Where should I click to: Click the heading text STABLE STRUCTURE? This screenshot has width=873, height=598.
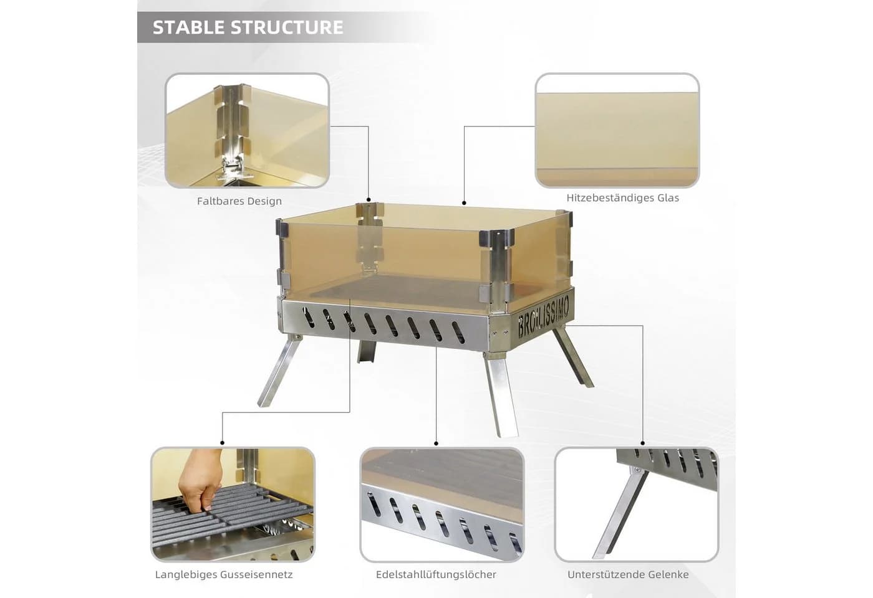[x=248, y=27]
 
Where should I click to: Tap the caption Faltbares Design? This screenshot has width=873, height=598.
[x=239, y=201]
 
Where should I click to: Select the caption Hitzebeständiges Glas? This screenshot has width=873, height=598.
[x=622, y=198]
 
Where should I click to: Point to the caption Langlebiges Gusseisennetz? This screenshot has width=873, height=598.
[x=224, y=574]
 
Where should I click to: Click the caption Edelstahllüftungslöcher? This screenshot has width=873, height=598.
[x=436, y=574]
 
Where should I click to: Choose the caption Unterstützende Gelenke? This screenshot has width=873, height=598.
[x=628, y=574]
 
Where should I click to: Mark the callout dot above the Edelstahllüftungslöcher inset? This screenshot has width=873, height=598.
[x=436, y=444]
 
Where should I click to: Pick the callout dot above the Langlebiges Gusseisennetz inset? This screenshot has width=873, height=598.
[x=222, y=443]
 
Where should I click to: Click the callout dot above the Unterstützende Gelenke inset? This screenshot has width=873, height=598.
[x=643, y=443]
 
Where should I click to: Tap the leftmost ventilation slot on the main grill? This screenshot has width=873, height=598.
[x=308, y=318]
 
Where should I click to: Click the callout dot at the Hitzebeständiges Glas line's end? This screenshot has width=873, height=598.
[x=464, y=203]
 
